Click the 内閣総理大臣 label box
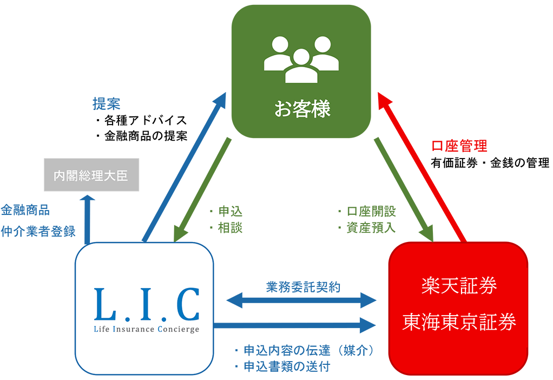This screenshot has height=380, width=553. [x=91, y=175]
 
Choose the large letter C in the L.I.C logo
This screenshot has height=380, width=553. [x=183, y=304]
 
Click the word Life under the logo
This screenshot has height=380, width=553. [x=101, y=329]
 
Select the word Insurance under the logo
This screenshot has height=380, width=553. [x=133, y=329]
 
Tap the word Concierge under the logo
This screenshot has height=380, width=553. [x=178, y=329]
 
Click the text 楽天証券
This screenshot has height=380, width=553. [x=459, y=286]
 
